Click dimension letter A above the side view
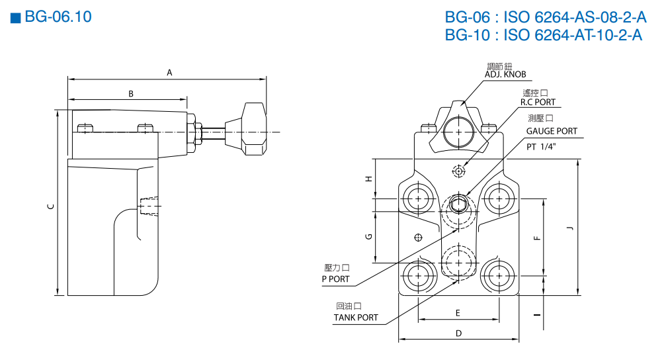tap(169, 73)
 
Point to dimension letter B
tap(131, 94)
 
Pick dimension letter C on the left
tap(51, 206)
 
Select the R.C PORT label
tap(538, 102)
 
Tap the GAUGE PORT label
tap(552, 131)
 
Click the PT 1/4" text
tap(541, 147)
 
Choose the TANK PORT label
tap(356, 318)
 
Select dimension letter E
tap(457, 312)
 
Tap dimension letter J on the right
tap(570, 228)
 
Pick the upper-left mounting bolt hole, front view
tap(418, 197)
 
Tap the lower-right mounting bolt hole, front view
tap(497, 274)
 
